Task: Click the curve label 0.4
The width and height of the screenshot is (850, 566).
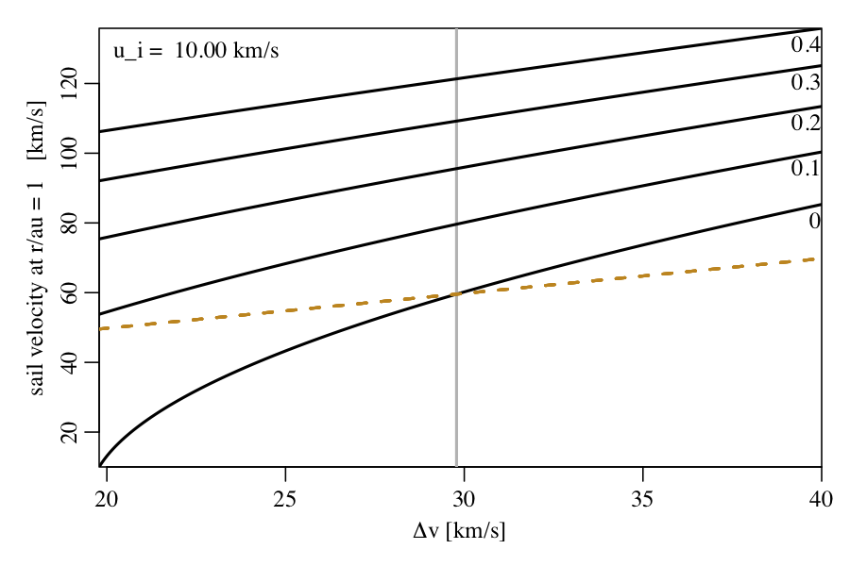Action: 806,45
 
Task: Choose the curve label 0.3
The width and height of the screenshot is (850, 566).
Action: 806,83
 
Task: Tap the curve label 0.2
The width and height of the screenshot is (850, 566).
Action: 806,123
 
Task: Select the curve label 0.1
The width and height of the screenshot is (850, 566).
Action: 806,169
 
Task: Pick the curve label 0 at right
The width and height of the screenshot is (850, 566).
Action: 814,222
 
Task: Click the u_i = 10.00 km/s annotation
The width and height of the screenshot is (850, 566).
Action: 196,51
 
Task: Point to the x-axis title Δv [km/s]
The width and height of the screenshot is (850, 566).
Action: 459,532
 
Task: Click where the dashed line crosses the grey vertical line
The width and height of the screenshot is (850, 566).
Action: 457,294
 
